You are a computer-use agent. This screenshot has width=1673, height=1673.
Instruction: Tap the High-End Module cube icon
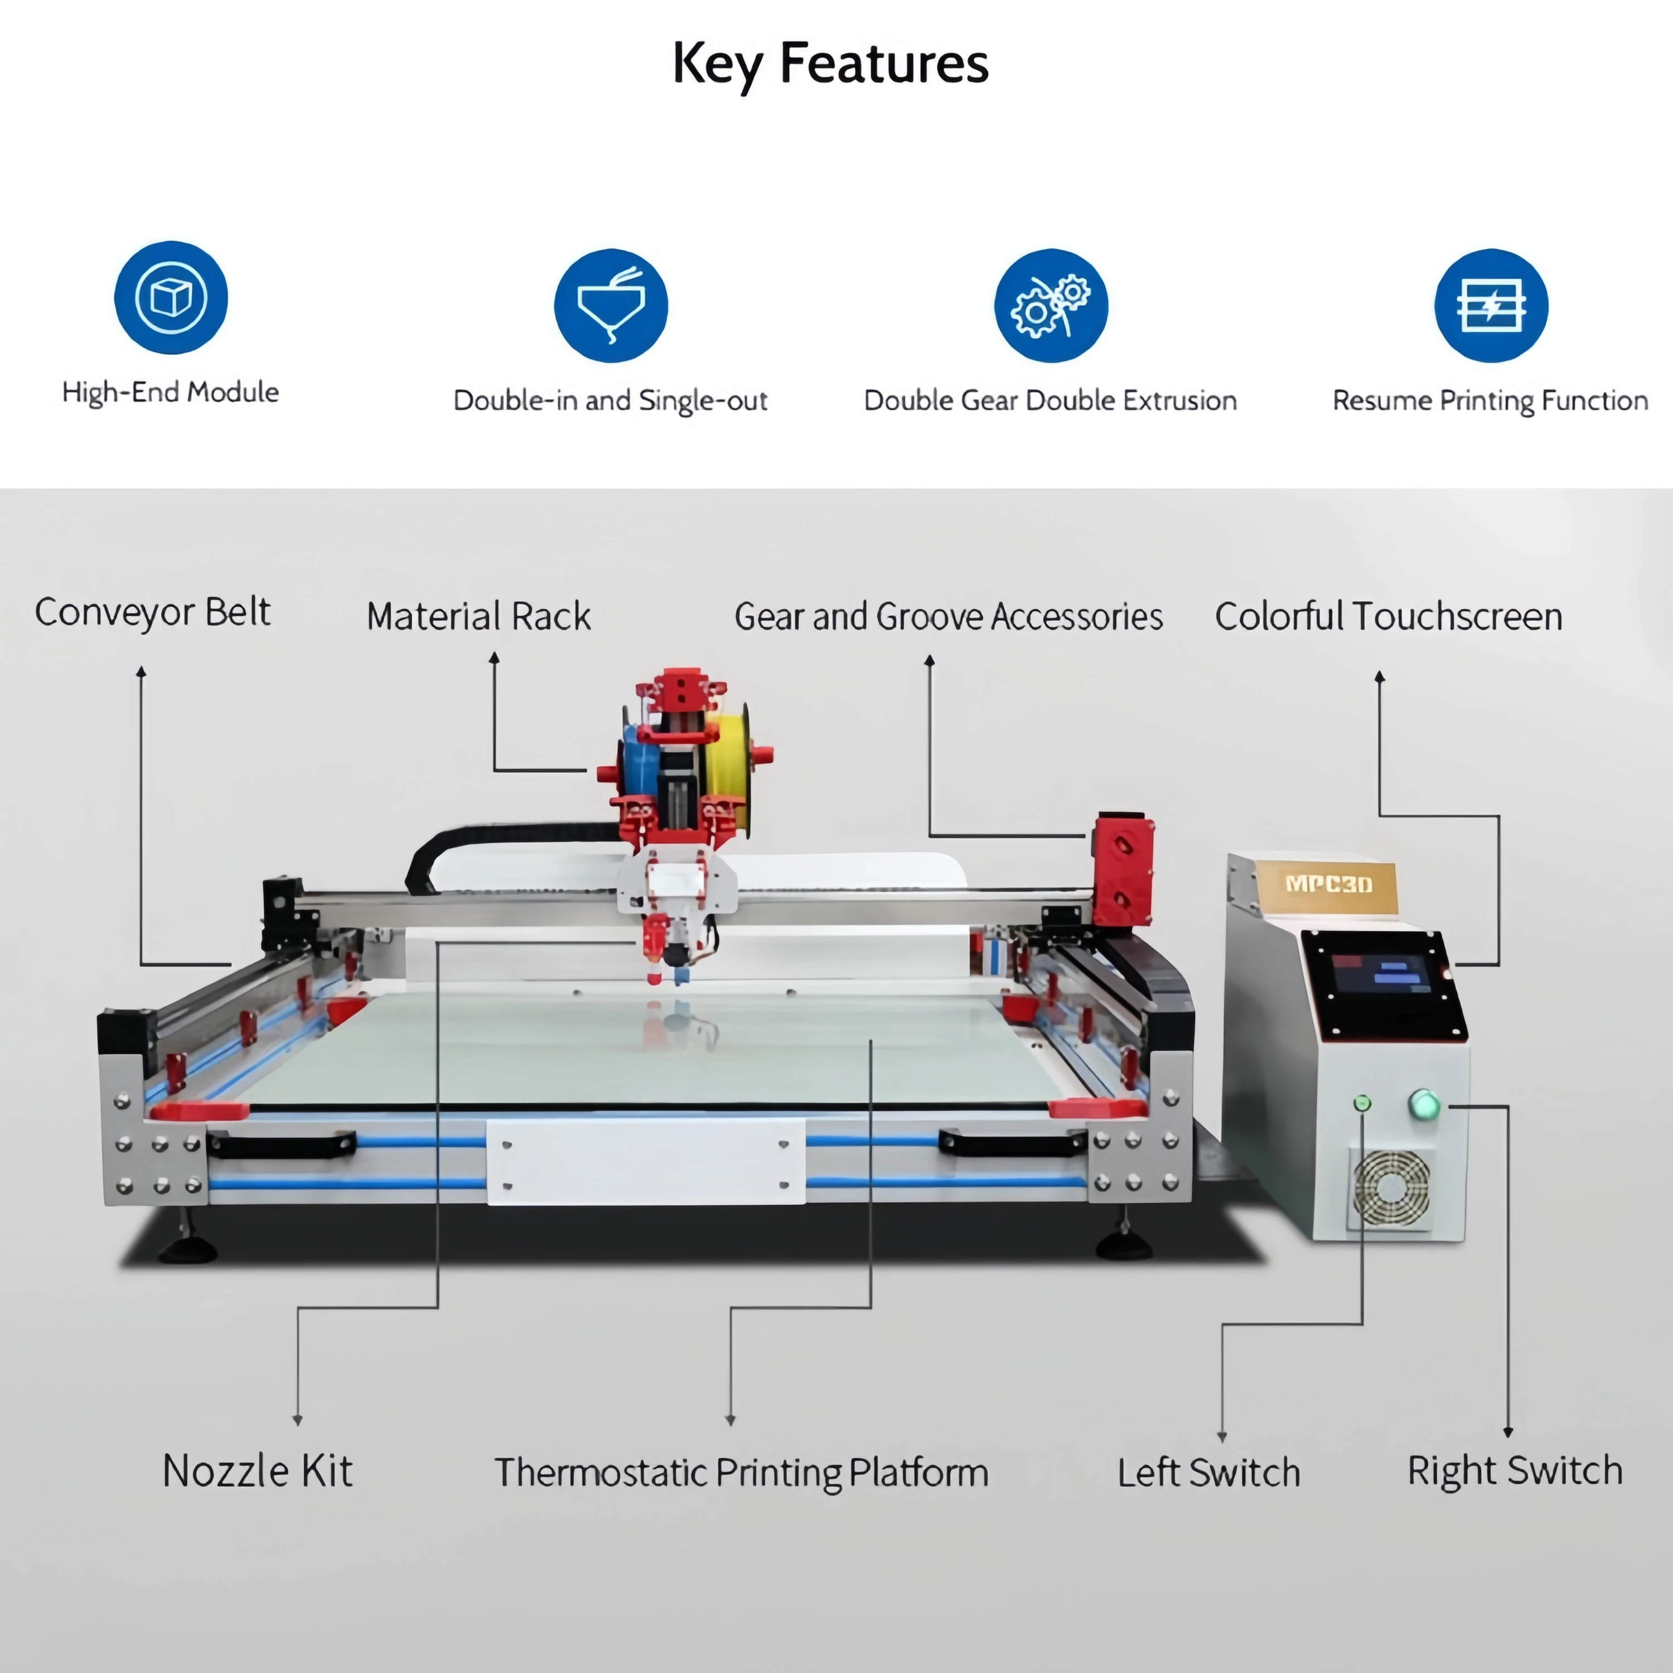tap(171, 297)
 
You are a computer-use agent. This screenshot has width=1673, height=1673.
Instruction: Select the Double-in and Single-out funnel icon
tap(611, 305)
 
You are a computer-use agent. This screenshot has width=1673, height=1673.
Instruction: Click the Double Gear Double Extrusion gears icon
tap(1051, 305)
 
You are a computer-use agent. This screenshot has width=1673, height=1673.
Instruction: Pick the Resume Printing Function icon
tap(1490, 305)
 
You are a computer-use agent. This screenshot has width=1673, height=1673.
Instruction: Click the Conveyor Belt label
tap(152, 612)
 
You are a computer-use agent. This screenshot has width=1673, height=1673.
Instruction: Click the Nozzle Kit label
tap(257, 1471)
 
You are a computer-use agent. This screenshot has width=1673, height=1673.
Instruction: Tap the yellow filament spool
tap(726, 754)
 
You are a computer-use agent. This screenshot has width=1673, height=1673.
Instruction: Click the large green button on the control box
tap(1424, 1104)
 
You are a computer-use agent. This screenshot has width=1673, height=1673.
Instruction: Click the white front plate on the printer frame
tap(646, 1161)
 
